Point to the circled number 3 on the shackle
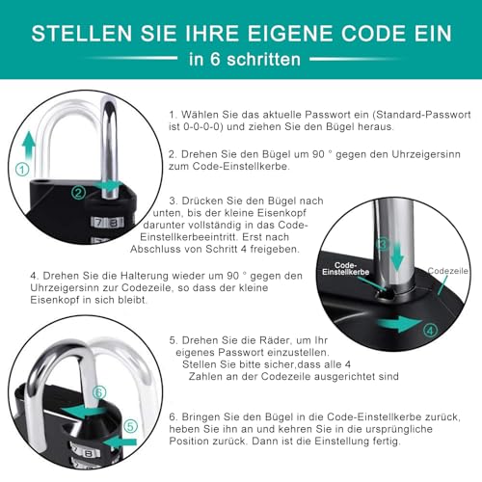(382, 245)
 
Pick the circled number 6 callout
(98, 392)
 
